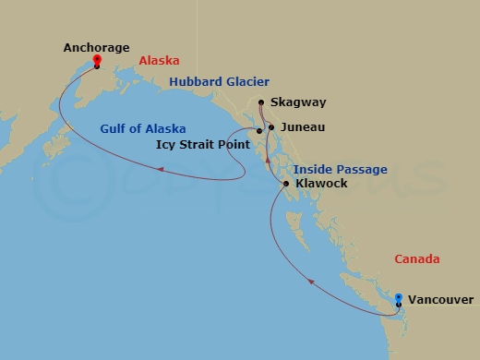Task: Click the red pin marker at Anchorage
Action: point(97,63)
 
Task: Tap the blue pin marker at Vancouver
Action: point(398,298)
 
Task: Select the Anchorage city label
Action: point(97,47)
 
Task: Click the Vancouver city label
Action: point(440,300)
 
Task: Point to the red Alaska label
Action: point(158,61)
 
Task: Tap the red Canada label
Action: point(416,259)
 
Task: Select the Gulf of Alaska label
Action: point(143,128)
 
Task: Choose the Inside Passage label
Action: point(340,169)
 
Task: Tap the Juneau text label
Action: point(302,127)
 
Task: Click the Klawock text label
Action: point(321,185)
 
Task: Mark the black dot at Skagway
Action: point(262,103)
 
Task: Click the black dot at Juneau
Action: point(270,127)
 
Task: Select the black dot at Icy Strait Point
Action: point(259,131)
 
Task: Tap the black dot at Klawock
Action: point(287,185)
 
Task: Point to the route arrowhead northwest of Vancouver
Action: point(309,282)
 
